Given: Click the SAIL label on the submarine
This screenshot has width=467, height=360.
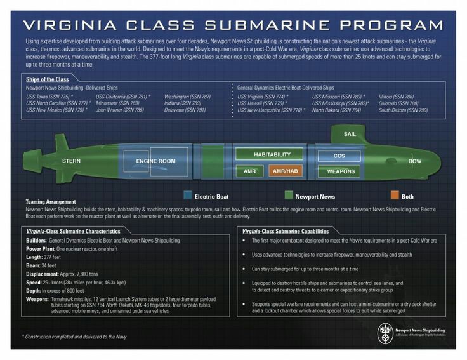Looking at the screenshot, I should [350, 135].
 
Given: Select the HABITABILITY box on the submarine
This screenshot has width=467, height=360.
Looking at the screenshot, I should [272, 154].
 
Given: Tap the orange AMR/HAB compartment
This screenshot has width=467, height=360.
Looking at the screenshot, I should [285, 171].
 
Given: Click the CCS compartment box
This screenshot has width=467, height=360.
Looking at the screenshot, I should [339, 156].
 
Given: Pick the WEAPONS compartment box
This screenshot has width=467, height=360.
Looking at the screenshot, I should [340, 171].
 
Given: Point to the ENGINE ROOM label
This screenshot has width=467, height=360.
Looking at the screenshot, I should [155, 161].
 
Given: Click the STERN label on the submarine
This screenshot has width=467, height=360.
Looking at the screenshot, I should [71, 161].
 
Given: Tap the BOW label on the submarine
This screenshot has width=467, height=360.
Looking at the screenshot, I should [414, 161].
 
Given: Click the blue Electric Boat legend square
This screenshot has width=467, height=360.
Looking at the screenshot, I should [188, 196].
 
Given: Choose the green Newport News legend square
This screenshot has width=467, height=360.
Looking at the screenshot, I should [289, 196].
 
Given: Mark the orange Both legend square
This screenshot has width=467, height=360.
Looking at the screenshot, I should [395, 196].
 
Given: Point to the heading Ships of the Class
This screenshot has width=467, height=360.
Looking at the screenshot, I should [48, 79].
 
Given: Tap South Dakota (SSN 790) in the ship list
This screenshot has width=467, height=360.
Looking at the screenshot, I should [403, 109].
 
